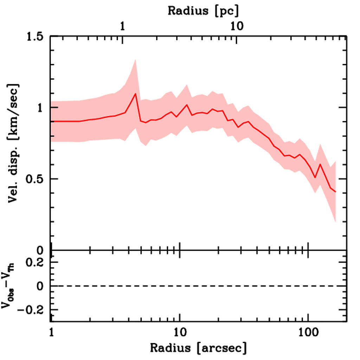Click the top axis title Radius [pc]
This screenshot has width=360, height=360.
tap(203, 11)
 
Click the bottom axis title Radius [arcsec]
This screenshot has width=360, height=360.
tap(198, 348)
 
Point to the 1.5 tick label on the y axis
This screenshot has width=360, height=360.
tap(37, 36)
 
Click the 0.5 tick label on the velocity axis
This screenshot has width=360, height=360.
tap(37, 179)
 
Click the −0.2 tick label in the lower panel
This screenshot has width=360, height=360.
tap(33, 310)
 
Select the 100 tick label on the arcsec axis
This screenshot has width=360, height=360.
tap(308, 332)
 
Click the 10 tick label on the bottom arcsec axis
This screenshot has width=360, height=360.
tap(180, 332)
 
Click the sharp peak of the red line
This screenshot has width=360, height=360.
tap(135, 94)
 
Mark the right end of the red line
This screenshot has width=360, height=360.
tap(336, 192)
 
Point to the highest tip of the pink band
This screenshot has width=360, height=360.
tap(135, 60)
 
